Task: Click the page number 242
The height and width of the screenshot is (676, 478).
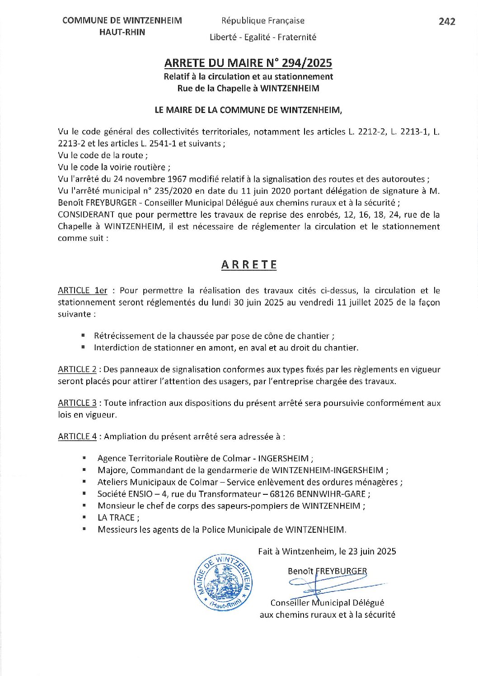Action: [446, 21]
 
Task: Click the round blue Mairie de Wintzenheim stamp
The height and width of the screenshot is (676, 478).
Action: [223, 582]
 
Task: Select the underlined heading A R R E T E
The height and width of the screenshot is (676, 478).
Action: [249, 265]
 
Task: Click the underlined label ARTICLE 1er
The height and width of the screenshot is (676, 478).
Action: [82, 291]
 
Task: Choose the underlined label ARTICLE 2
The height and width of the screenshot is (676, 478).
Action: [77, 369]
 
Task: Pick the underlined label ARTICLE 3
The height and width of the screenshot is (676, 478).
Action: [77, 403]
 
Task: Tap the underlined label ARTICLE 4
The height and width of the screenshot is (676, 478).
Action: [77, 437]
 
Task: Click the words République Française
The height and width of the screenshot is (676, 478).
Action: [262, 21]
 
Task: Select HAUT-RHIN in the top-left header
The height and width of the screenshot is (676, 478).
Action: [122, 32]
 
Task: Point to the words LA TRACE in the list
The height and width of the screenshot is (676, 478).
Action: [116, 518]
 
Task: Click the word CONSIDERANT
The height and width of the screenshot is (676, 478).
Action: [86, 215]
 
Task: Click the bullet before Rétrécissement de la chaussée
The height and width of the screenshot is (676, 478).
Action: [83, 335]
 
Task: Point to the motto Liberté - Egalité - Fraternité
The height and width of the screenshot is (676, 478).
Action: [262, 38]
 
